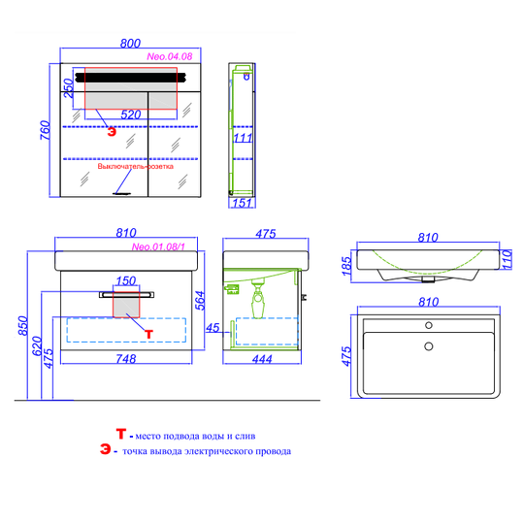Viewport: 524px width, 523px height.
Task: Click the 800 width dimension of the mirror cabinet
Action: pos(130,43)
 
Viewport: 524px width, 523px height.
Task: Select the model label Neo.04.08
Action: pos(170,56)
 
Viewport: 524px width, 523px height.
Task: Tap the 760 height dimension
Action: pos(46,130)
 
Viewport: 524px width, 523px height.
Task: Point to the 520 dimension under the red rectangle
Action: pos(131,114)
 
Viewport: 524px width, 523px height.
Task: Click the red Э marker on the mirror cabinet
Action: pos(112,132)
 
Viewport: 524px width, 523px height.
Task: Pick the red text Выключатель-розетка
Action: pos(135,166)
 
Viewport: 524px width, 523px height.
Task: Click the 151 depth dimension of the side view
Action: pos(242,203)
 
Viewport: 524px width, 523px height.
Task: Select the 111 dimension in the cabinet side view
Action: pos(243,138)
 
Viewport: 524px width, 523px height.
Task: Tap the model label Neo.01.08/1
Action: pos(158,246)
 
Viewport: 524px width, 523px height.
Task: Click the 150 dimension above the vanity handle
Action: pos(126,280)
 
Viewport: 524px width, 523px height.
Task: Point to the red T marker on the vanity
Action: pos(148,334)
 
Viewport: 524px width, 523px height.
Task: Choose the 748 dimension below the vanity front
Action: pos(126,359)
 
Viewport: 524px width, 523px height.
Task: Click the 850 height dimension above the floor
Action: pos(23,325)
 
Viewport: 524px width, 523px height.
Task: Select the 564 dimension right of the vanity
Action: pos(200,301)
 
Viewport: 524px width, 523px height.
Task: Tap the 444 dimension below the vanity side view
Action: pos(262,359)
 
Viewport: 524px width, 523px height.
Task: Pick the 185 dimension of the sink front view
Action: pos(346,266)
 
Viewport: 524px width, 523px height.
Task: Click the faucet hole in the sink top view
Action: pos(429,325)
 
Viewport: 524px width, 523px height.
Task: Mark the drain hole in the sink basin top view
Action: pos(429,346)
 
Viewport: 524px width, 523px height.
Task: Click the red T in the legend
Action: pos(120,434)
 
